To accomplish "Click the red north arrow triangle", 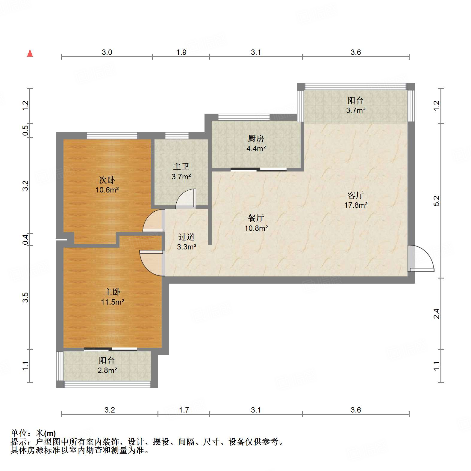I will pyautogui.click(x=30, y=53).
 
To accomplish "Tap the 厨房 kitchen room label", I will pyautogui.click(x=256, y=139).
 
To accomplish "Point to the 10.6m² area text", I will pyautogui.click(x=107, y=190).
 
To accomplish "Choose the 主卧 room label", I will pyautogui.click(x=112, y=292).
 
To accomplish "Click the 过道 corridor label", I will pyautogui.click(x=186, y=237).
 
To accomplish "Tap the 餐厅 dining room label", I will pyautogui.click(x=256, y=218).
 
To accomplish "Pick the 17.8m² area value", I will pyautogui.click(x=356, y=205).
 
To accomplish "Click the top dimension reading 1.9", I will pyautogui.click(x=181, y=52).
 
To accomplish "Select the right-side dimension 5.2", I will pyautogui.click(x=437, y=201).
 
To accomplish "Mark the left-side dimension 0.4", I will pyautogui.click(x=25, y=239).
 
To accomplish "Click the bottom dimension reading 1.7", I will pyautogui.click(x=184, y=410).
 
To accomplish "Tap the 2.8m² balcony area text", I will pyautogui.click(x=107, y=370).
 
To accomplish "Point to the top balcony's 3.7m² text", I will pyautogui.click(x=356, y=110).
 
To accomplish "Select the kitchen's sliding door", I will pyautogui.click(x=258, y=170).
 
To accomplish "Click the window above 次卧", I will pyautogui.click(x=112, y=136).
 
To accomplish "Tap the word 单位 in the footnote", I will pyautogui.click(x=19, y=433).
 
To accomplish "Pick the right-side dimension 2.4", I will pyautogui.click(x=437, y=314).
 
